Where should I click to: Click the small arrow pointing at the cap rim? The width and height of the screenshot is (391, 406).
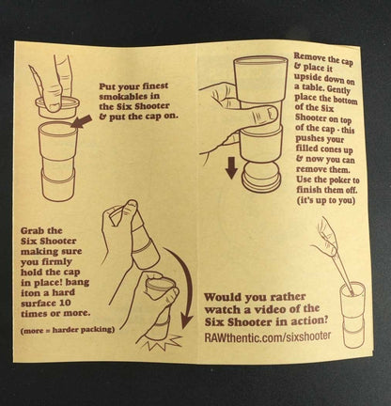pyautogui.click(x=81, y=121)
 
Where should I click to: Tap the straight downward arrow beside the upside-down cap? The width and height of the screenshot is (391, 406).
pyautogui.click(x=231, y=168)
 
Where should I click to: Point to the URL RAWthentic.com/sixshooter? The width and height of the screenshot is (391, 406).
pyautogui.click(x=268, y=336)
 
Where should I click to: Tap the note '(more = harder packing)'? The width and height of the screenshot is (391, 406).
pyautogui.click(x=67, y=330)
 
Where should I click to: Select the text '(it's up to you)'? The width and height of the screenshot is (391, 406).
pyautogui.click(x=326, y=200)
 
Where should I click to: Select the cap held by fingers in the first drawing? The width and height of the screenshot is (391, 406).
pyautogui.click(x=57, y=107)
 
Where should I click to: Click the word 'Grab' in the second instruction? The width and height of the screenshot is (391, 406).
pyautogui.click(x=33, y=231)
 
